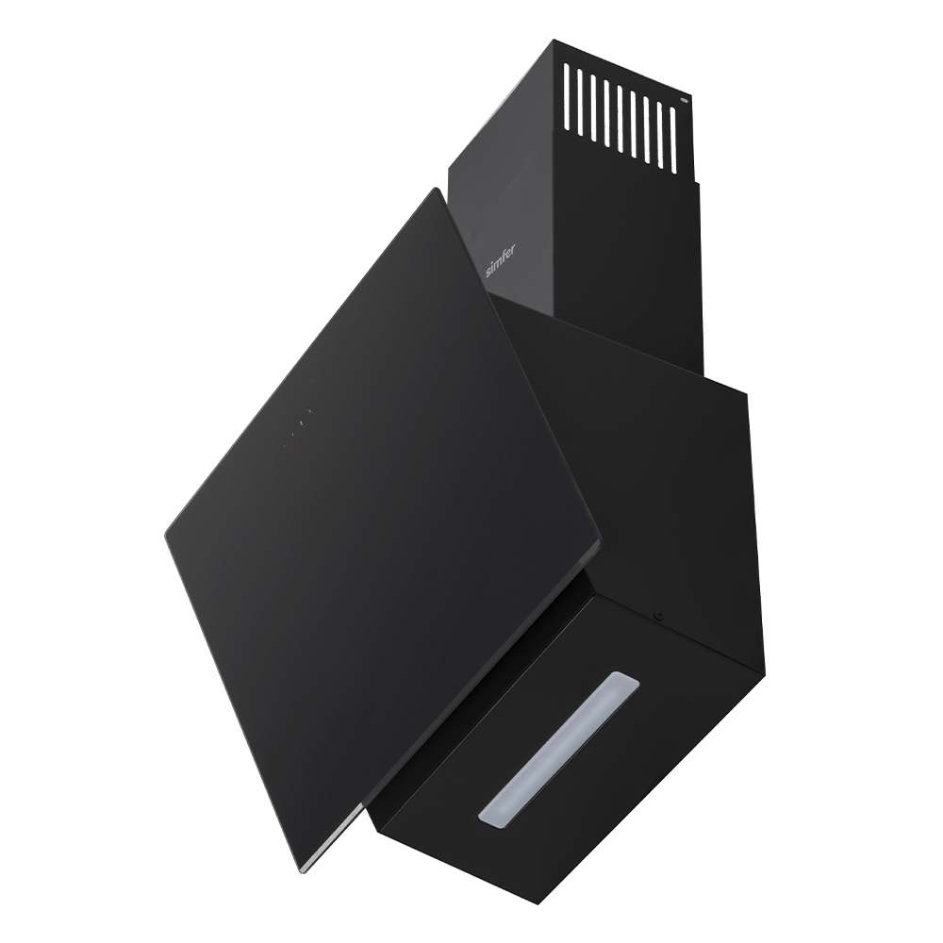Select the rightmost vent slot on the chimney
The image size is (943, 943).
pyautogui.click(x=673, y=140)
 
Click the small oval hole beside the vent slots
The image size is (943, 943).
pyautogui.click(x=685, y=96)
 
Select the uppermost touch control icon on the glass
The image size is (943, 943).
pyautogui.click(x=309, y=413)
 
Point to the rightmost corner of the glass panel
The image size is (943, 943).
pyautogui.click(x=601, y=544)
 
